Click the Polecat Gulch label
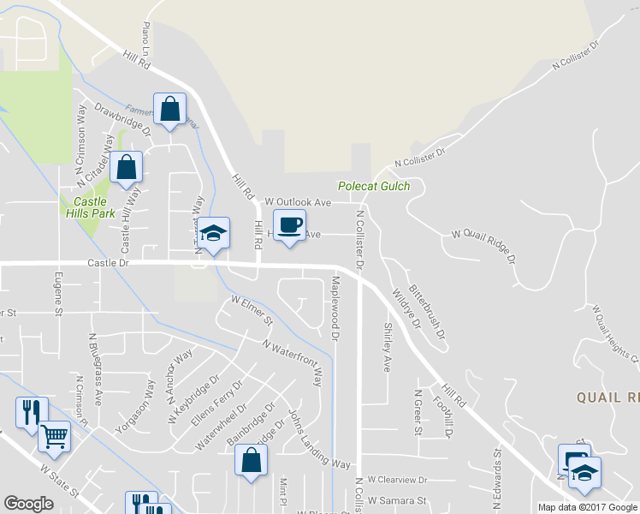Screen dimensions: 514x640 (x=374, y=186)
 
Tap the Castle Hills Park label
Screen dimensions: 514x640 (x=88, y=206)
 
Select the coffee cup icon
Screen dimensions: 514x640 (x=290, y=225)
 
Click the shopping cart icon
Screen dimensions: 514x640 (x=54, y=436)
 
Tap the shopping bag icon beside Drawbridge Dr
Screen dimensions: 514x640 (x=169, y=109)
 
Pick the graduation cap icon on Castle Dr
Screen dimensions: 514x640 (x=213, y=233)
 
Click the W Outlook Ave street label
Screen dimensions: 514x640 (x=298, y=202)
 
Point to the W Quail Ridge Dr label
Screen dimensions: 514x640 (x=484, y=246)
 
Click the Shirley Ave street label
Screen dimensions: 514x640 (x=387, y=347)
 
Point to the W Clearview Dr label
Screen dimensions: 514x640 (x=396, y=481)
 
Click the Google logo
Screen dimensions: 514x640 (x=28, y=504)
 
